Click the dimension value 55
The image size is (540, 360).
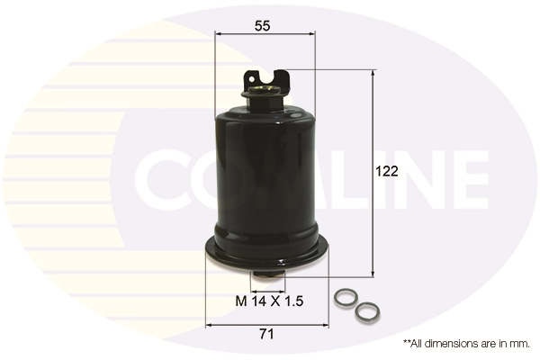(262, 26)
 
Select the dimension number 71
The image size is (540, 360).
(265, 334)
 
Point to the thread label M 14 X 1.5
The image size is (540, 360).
(269, 300)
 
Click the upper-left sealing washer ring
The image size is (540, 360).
(344, 298)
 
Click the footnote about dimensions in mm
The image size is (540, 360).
(465, 344)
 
